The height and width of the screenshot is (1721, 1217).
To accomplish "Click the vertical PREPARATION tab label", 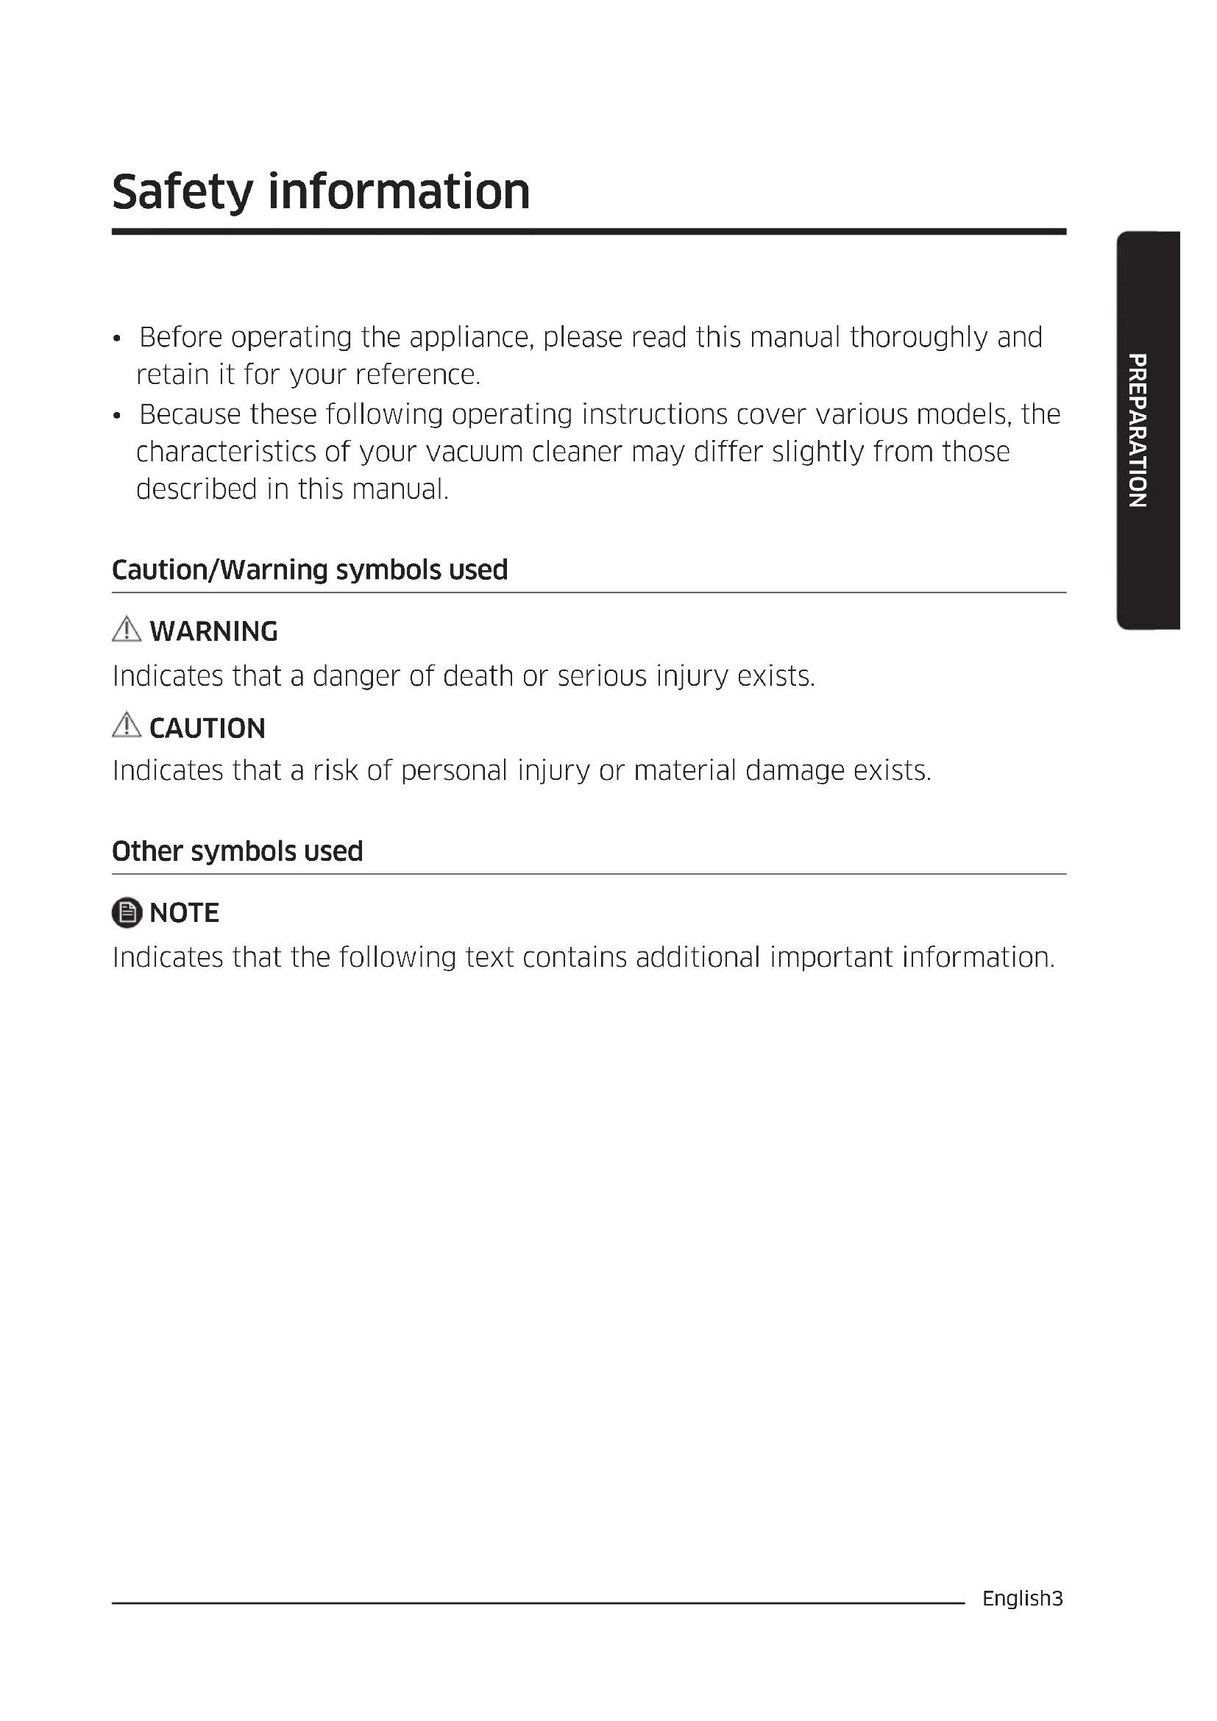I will pyautogui.click(x=1138, y=430).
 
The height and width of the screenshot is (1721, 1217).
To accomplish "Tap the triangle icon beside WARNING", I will pyautogui.click(x=127, y=631).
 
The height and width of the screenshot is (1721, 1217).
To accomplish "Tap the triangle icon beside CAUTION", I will pyautogui.click(x=127, y=725).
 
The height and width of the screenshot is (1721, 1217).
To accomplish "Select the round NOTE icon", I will pyautogui.click(x=127, y=912).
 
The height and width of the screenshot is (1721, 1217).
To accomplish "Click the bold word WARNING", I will pyautogui.click(x=213, y=632).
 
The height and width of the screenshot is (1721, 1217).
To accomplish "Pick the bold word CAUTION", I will pyautogui.click(x=207, y=728).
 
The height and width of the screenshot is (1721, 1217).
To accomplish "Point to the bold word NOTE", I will pyautogui.click(x=185, y=913).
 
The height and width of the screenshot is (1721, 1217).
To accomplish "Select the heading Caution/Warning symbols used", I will pyautogui.click(x=310, y=570).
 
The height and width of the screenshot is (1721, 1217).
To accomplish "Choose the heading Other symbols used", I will pyautogui.click(x=238, y=851).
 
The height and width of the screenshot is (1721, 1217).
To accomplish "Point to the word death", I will pyautogui.click(x=478, y=676).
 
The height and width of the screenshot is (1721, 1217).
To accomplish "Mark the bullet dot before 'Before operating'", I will pyautogui.click(x=117, y=339).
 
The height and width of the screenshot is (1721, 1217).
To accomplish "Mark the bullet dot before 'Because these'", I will pyautogui.click(x=117, y=416).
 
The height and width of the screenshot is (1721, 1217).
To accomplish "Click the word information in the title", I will pyautogui.click(x=399, y=192).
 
